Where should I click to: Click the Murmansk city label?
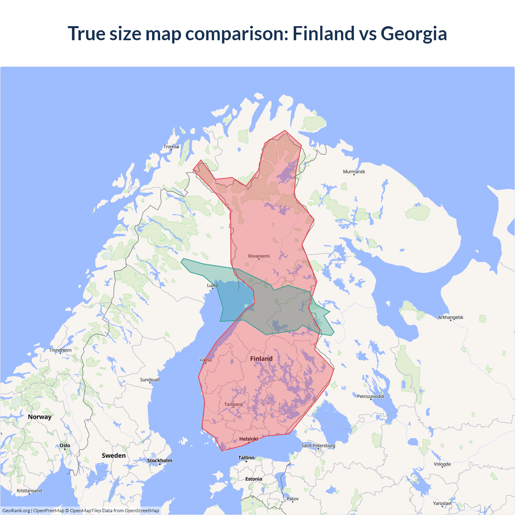pos(354,172)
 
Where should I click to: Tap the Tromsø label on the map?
pos(171,147)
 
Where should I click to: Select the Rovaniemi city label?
pos(259,256)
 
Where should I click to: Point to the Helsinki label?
pos(249,439)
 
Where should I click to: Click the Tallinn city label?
pos(246,458)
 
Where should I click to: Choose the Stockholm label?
pos(159,461)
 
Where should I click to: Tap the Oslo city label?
pos(65,445)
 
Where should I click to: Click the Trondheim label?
pos(60,350)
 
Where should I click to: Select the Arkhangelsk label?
pos(451,317)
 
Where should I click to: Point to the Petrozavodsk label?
pos(371,396)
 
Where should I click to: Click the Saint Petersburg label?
pos(318,445)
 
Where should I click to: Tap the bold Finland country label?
pos(261,358)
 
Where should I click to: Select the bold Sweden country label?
pos(113,455)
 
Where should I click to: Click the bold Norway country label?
pos(39,417)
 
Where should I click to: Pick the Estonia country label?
pos(253,479)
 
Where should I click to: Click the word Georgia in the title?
pos(414,33)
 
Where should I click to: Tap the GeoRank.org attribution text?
pos(16,511)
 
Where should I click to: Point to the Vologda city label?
pos(442,464)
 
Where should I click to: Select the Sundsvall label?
pos(150,380)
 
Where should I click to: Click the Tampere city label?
pos(233,404)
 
